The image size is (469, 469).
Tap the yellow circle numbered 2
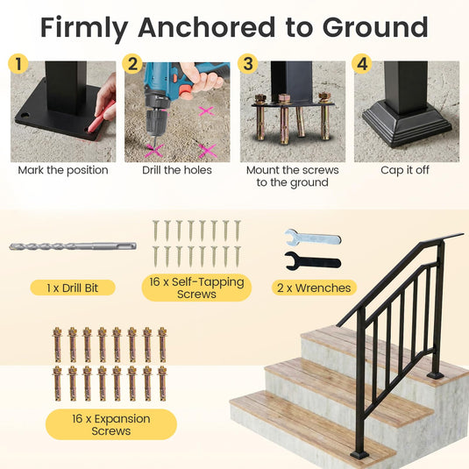[x=132, y=64]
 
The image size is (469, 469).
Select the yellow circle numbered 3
[x=248, y=64]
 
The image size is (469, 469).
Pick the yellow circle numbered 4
[x=362, y=64]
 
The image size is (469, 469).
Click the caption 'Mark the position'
[x=63, y=170]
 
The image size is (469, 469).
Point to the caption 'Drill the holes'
[x=177, y=170]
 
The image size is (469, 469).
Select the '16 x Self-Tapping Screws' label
[x=196, y=288]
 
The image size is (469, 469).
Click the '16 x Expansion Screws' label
[x=110, y=424]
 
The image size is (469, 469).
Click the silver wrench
[x=312, y=238]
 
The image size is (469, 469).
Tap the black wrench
[x=312, y=259]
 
